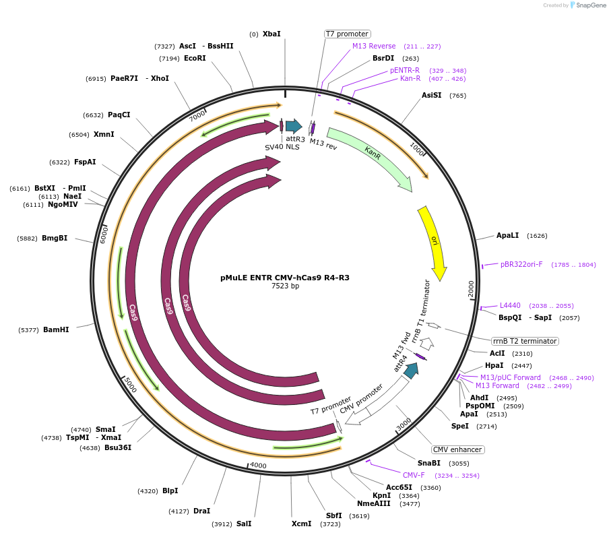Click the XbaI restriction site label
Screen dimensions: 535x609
[x=271, y=34]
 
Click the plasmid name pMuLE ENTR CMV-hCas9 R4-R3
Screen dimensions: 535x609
[x=285, y=278]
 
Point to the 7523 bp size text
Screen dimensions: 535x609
[x=285, y=286]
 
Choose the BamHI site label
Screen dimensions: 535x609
[x=55, y=330]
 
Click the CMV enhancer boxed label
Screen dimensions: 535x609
[x=458, y=449]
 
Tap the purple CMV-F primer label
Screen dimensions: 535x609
[x=414, y=475]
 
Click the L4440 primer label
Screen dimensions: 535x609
[x=510, y=306]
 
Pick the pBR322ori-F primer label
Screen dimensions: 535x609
[x=521, y=265]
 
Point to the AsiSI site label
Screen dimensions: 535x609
[x=431, y=96]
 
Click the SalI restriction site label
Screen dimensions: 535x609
[x=244, y=524]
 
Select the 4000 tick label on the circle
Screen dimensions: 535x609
[x=258, y=466]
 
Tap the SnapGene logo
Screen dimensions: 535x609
[x=587, y=5]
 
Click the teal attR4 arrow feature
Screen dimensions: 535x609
[x=412, y=369]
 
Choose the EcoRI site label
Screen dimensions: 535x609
[x=195, y=59]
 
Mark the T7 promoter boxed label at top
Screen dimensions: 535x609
[x=347, y=34]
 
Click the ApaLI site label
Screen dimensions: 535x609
[x=507, y=236]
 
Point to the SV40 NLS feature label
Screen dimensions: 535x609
[x=282, y=146]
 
